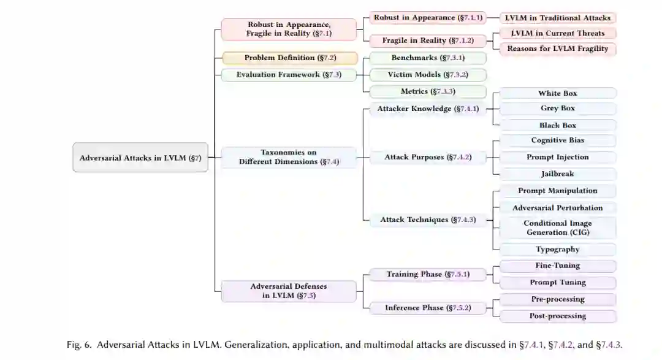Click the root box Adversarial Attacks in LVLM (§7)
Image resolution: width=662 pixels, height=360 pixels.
point(140,158)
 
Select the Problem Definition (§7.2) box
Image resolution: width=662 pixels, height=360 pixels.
point(289,58)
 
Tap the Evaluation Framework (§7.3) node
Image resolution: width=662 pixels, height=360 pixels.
point(289,75)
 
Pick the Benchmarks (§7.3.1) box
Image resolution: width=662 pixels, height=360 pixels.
point(428,58)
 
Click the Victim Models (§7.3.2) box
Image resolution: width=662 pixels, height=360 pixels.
point(428,75)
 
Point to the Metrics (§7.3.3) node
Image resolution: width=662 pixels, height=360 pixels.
point(428,91)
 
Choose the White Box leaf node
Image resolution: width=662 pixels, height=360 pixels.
point(558,93)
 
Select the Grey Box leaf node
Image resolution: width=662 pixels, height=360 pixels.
point(558,109)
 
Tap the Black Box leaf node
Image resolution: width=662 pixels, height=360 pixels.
point(558,125)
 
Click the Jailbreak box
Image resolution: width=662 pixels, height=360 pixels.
point(558,174)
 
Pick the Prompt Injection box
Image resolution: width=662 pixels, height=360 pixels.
point(558,158)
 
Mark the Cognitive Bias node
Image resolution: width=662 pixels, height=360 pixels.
point(558,140)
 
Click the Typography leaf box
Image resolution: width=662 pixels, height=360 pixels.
point(558,250)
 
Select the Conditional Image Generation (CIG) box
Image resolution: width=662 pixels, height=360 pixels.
point(558,228)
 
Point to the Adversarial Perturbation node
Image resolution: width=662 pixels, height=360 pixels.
point(558,208)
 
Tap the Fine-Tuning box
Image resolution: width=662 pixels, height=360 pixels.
point(558,266)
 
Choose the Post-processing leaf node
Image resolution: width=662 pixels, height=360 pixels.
point(558,316)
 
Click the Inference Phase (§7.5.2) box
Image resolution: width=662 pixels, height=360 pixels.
point(428,308)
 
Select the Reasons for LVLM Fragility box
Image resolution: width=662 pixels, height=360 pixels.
point(558,49)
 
